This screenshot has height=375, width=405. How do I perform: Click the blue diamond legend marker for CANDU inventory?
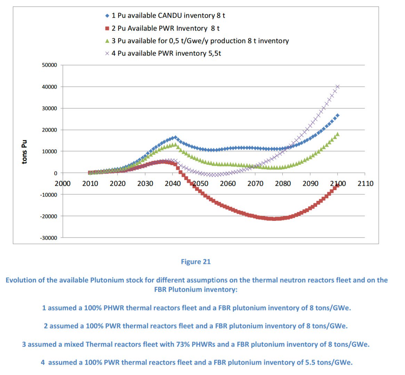[x=107, y=16]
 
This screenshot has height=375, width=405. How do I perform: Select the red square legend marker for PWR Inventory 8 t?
[x=107, y=28]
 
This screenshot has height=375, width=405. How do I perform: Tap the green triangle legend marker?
[x=107, y=41]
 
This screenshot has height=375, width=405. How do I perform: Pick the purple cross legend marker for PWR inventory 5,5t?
[x=107, y=53]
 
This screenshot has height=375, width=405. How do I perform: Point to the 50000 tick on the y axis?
[x=50, y=65]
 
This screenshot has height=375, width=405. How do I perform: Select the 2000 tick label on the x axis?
[x=63, y=183]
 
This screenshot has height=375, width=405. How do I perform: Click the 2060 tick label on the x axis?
[x=228, y=183]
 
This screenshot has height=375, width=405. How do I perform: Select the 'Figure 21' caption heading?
[x=196, y=262]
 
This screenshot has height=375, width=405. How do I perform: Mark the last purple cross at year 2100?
[x=337, y=86]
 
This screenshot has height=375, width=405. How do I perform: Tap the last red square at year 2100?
[x=337, y=186]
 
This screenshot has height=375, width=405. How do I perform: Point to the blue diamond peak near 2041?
[x=175, y=137]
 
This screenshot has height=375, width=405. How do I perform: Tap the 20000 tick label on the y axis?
[x=50, y=130]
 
